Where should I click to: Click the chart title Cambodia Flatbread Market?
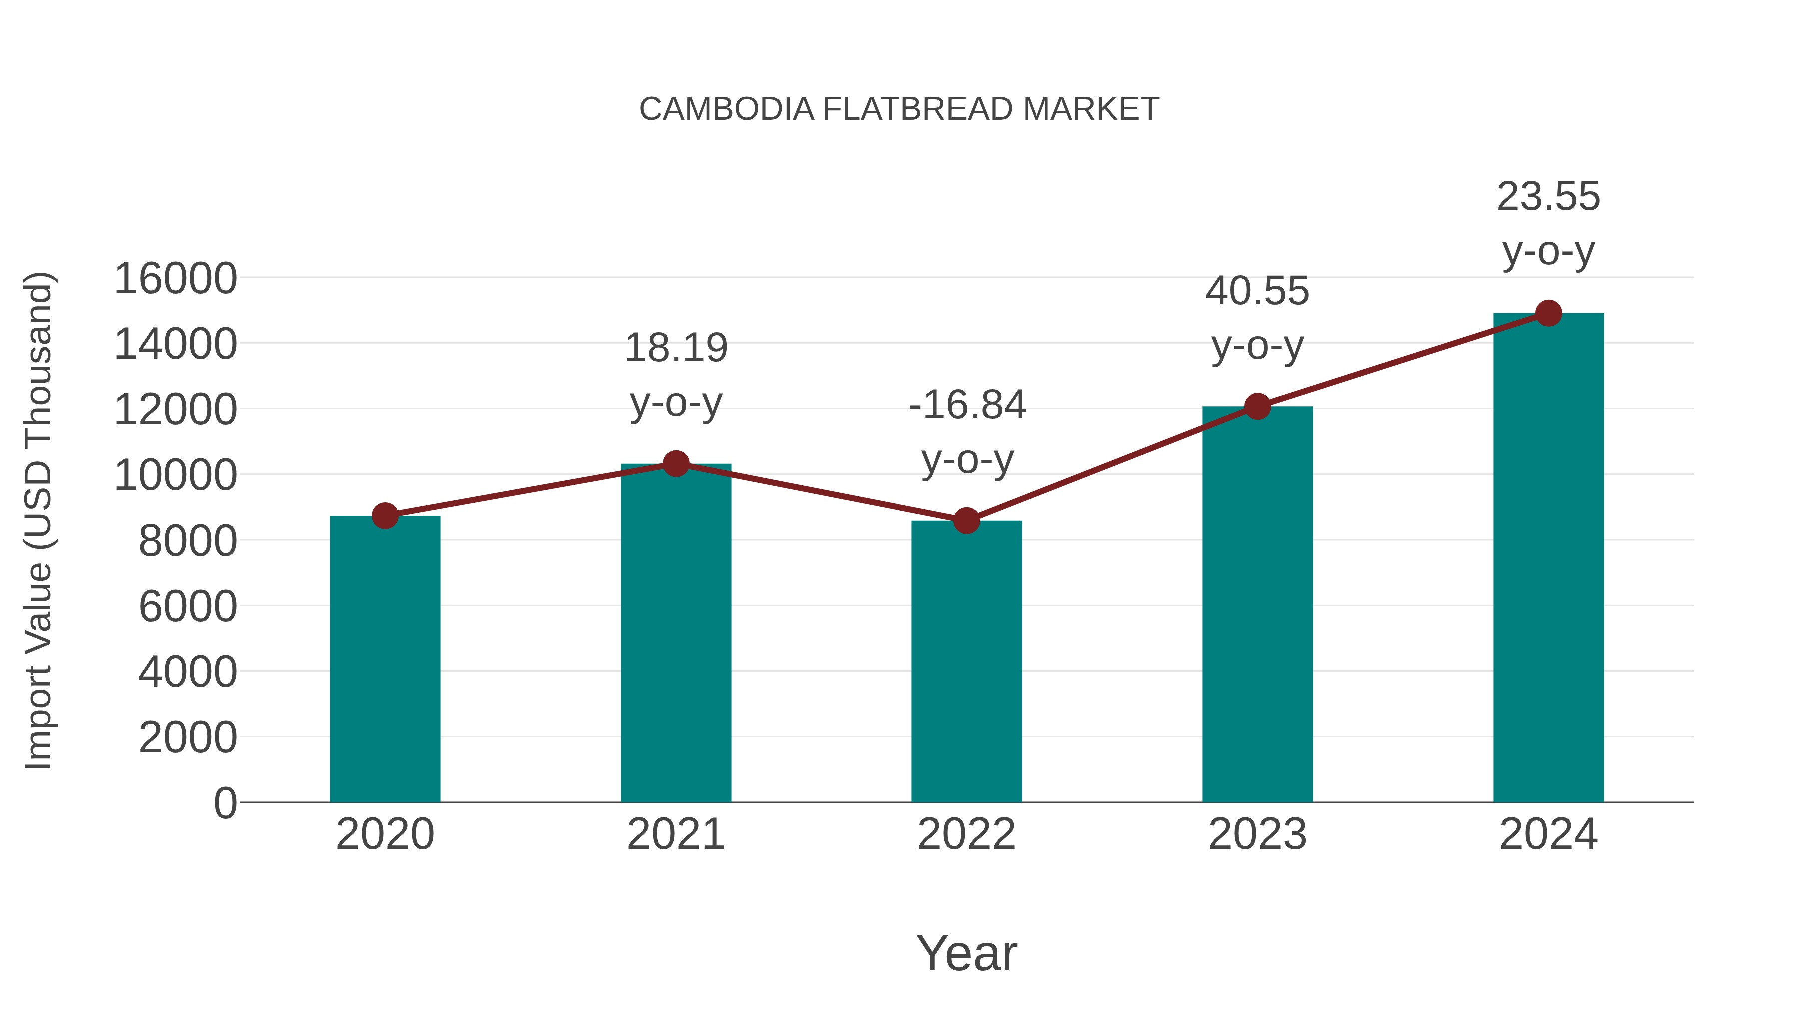(x=899, y=109)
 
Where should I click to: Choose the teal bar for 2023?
(x=1257, y=604)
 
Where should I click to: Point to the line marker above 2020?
(x=385, y=516)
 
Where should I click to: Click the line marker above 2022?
(x=966, y=521)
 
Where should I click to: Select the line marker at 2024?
(x=1548, y=313)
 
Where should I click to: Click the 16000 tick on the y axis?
(x=175, y=279)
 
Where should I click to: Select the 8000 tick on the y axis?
(x=188, y=541)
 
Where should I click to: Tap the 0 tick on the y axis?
(x=225, y=803)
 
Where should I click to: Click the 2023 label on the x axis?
(x=1257, y=834)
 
